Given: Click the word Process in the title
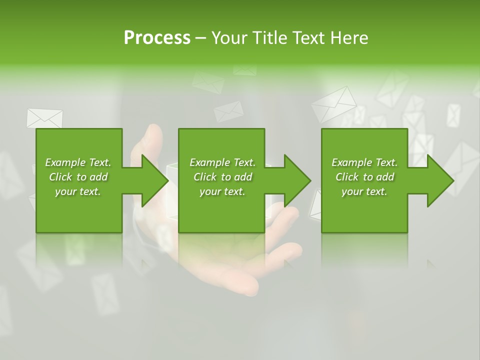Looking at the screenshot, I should [x=157, y=38].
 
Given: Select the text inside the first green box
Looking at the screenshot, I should [x=78, y=177].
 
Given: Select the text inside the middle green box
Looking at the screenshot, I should [x=222, y=177].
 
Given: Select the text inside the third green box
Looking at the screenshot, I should [x=364, y=177].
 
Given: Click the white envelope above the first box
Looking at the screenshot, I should [x=44, y=118].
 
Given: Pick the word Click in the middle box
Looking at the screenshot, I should [x=204, y=177].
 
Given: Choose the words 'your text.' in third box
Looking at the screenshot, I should [x=364, y=191].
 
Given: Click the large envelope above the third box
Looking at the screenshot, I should [x=334, y=103].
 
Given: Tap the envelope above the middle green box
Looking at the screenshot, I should [x=228, y=111].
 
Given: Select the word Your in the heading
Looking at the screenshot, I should [x=227, y=38].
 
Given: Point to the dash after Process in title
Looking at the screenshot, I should [x=200, y=38].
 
